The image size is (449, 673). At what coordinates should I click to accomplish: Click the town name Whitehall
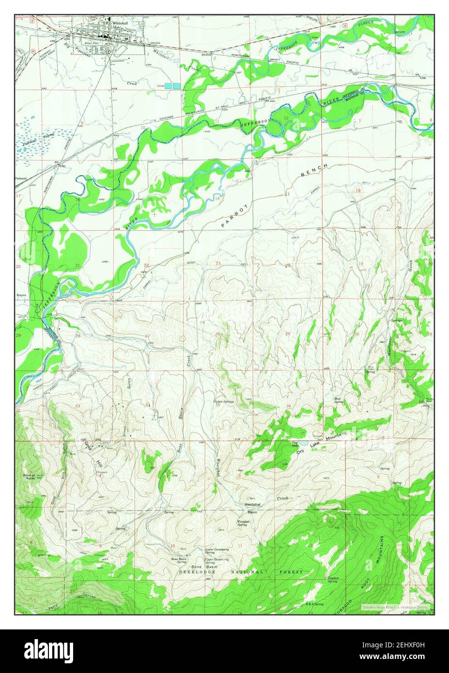(120, 23)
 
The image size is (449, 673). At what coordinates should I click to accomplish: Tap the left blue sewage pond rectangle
(168, 86)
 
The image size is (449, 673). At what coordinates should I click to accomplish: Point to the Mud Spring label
(339, 400)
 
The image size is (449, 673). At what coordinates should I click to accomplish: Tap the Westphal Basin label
(252, 508)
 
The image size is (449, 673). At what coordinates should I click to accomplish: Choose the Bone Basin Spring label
(182, 560)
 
